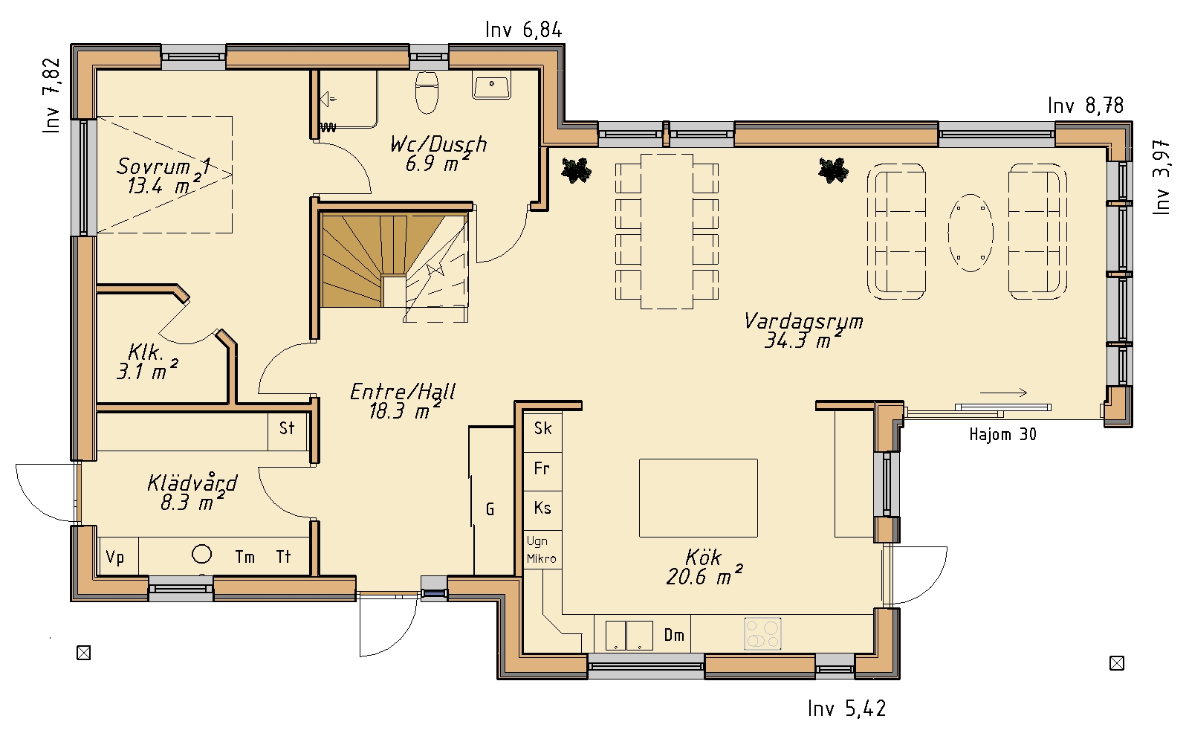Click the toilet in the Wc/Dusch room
[427, 93]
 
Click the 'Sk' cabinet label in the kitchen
[543, 428]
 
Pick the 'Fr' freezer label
[542, 468]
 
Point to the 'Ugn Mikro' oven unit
[542, 549]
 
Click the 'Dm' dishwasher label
[674, 635]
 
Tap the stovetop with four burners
[762, 633]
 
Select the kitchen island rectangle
[698, 498]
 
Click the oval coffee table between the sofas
[971, 233]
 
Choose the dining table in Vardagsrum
[667, 231]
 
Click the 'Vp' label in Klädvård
[114, 557]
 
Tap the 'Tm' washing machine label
[244, 557]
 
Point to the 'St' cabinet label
[287, 428]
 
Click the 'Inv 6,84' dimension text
[523, 30]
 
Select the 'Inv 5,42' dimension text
[847, 708]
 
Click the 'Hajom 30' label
[1002, 434]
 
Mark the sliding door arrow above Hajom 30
[1003, 393]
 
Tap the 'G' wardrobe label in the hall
[490, 510]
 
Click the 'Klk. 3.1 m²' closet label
[147, 362]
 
